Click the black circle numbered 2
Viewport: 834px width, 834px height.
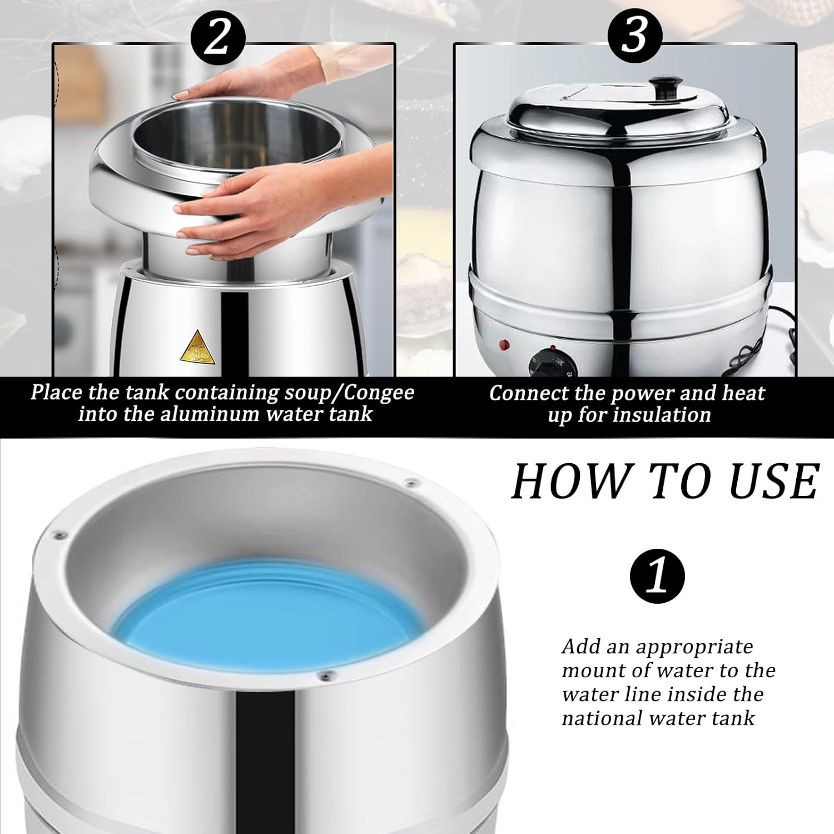click(218, 36)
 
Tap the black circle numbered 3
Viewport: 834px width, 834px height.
click(634, 36)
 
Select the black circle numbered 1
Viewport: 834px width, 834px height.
click(657, 577)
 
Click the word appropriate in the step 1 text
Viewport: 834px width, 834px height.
click(694, 648)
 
